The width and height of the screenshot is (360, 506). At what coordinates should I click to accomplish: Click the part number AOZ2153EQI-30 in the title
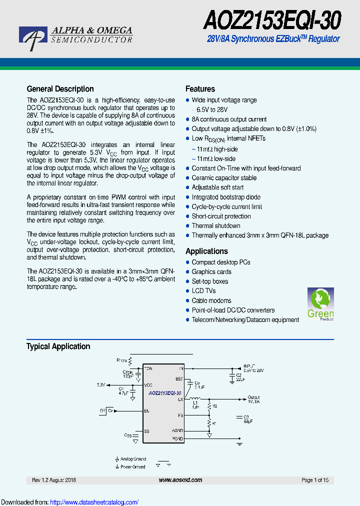272,21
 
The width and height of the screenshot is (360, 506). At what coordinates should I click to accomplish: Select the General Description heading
60,89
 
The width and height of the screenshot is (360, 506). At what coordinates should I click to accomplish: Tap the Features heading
200,89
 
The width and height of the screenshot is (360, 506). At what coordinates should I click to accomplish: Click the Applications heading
206,251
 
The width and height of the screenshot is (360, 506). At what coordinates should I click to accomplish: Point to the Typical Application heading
58,346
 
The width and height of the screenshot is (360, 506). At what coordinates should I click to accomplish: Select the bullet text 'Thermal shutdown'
216,226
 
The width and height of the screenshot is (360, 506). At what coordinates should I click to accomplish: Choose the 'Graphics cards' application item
211,272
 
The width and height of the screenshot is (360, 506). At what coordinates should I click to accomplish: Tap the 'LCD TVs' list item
203,291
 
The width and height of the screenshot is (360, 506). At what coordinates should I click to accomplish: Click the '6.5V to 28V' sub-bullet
212,109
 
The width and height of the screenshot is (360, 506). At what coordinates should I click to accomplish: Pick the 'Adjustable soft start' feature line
217,187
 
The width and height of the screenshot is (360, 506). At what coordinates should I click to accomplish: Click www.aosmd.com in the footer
180,480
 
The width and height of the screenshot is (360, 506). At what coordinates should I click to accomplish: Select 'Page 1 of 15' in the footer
315,480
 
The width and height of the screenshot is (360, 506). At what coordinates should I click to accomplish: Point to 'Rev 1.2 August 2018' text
54,480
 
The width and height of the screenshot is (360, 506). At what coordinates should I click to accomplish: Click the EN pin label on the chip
147,411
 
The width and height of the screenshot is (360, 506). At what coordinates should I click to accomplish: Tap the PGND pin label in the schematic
177,438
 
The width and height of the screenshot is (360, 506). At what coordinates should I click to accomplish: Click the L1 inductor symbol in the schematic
195,399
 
